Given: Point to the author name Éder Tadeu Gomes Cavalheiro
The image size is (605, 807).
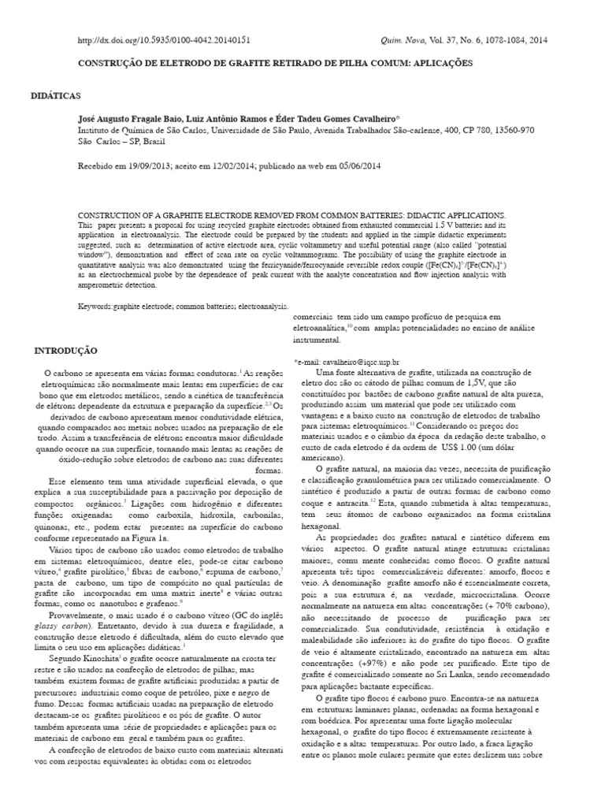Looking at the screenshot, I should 338,117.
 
